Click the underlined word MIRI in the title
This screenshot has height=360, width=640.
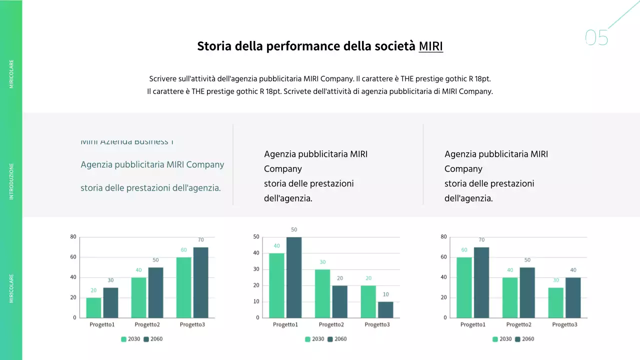pyautogui.click(x=430, y=46)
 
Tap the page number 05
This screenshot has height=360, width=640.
pyautogui.click(x=596, y=38)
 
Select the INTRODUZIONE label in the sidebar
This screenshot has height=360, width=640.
pyautogui.click(x=12, y=181)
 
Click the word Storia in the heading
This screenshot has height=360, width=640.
pyautogui.click(x=214, y=46)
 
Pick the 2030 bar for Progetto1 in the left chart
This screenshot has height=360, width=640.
pyautogui.click(x=93, y=307)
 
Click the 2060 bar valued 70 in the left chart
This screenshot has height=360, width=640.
pyautogui.click(x=200, y=282)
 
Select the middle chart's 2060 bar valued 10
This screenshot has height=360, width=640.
pyautogui.click(x=385, y=309)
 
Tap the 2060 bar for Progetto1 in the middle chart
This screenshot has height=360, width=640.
pyautogui.click(x=294, y=277)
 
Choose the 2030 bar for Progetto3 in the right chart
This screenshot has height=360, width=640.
pyautogui.click(x=556, y=302)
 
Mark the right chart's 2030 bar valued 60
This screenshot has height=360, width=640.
pyautogui.click(x=464, y=287)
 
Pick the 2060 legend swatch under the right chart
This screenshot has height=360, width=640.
pyautogui.click(x=518, y=339)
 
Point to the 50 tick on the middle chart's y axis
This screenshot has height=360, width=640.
pyautogui.click(x=256, y=237)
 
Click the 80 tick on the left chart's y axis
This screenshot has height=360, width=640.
pyautogui.click(x=73, y=237)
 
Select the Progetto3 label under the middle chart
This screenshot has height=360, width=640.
pyautogui.click(x=377, y=324)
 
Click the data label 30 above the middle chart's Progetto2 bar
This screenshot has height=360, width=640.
pyautogui.click(x=322, y=262)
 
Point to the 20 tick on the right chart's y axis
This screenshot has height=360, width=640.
pyautogui.click(x=443, y=297)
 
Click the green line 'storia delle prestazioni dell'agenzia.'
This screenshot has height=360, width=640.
pyautogui.click(x=150, y=188)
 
